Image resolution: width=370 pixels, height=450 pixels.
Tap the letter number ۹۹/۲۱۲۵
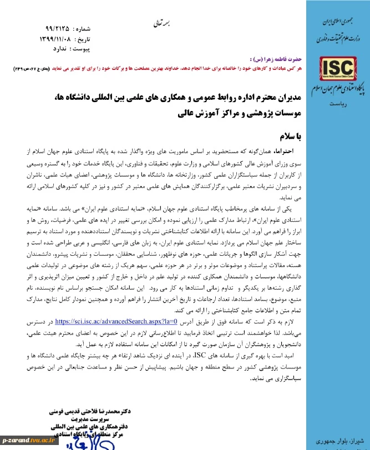pos(59,28)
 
